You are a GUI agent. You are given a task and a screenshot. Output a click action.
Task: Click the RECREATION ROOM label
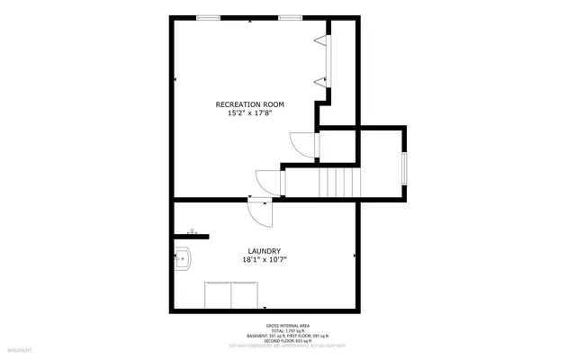click(x=249, y=104)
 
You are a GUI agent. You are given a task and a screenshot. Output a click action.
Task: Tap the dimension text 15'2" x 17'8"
click(x=249, y=114)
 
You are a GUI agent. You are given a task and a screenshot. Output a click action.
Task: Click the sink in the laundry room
click(x=183, y=259)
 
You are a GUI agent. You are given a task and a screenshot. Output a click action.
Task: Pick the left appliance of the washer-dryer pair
click(x=219, y=294)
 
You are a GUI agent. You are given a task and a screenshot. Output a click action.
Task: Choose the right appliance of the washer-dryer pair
click(x=246, y=294)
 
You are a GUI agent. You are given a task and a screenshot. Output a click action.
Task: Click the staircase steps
click(x=338, y=183)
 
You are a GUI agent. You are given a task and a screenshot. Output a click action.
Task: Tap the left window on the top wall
click(x=210, y=17)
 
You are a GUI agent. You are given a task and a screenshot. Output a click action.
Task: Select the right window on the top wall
click(x=290, y=17)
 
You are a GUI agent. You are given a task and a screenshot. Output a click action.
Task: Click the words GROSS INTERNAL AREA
click(x=287, y=326)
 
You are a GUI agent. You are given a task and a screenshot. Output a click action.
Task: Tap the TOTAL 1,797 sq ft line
click(x=287, y=331)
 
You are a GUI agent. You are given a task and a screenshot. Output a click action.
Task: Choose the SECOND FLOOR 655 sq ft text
click(x=287, y=341)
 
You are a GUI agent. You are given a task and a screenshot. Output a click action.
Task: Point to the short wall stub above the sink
click(x=191, y=236)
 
